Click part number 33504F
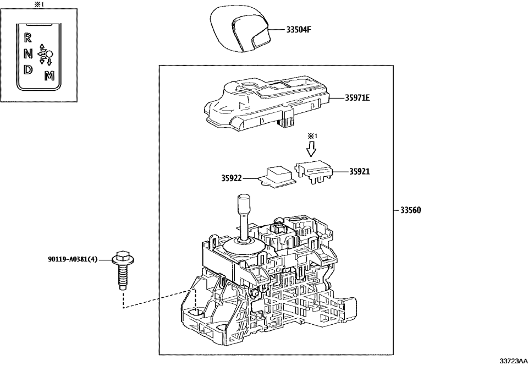(x=299, y=30)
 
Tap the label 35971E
(x=357, y=98)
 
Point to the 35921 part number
(x=359, y=171)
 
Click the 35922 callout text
(x=232, y=178)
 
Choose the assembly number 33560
(x=411, y=210)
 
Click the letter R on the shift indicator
(x=28, y=38)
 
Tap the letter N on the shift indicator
(x=28, y=54)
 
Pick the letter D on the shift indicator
(x=28, y=70)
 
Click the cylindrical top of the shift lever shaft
(x=244, y=205)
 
